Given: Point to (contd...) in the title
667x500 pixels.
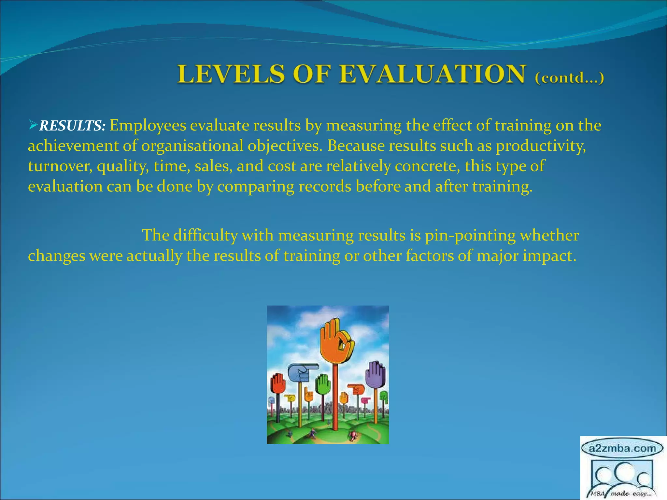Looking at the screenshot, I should (569, 78).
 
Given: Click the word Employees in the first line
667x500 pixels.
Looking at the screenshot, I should (148, 126).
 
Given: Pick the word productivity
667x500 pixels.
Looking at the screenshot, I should (541, 146).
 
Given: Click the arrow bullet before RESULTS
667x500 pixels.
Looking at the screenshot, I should (33, 125).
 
